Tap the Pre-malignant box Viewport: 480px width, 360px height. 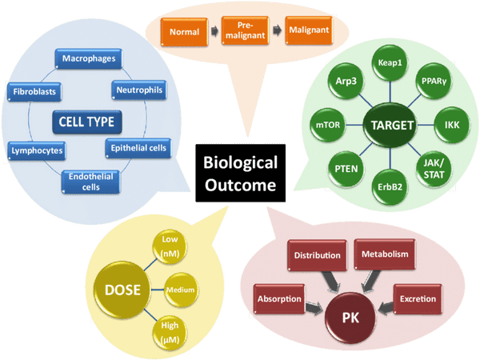[244, 33]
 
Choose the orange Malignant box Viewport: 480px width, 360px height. [310, 30]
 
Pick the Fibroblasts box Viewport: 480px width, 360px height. [34, 91]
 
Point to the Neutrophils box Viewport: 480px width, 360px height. [138, 90]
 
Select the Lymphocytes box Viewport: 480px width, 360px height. [36, 150]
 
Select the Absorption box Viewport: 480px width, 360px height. [278, 299]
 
